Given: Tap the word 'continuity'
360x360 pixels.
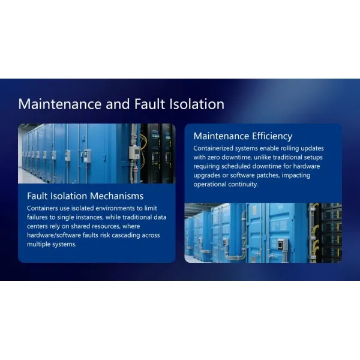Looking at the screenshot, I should [x=241, y=184].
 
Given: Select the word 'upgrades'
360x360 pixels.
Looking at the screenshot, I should [x=209, y=175].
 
